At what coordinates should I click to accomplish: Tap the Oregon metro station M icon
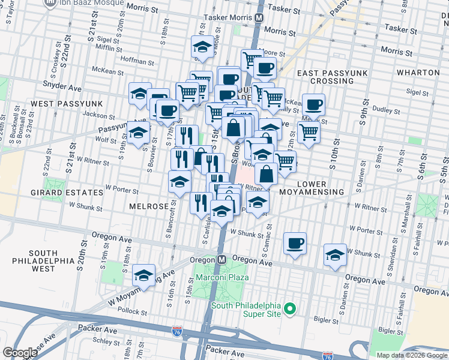click(x=221, y=259)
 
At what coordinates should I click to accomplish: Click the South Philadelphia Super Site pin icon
click(x=290, y=309)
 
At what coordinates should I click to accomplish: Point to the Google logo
click(x=20, y=352)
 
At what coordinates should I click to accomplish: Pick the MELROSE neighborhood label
click(x=148, y=206)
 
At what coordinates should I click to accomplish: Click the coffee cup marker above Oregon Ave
click(x=295, y=244)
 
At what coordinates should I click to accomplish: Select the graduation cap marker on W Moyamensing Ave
click(x=143, y=275)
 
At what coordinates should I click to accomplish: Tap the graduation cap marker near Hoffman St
click(x=202, y=47)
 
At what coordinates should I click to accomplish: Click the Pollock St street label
click(x=132, y=312)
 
